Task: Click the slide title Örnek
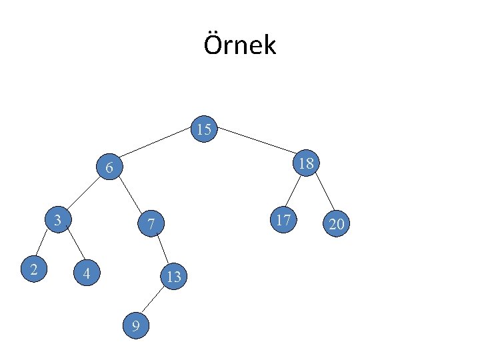239,45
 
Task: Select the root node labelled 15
205,129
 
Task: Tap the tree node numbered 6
109,168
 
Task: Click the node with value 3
59,220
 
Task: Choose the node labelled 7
151,225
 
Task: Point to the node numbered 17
284,219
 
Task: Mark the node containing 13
173,276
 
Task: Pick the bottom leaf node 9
136,325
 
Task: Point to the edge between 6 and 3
83,194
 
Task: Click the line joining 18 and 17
293,193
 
